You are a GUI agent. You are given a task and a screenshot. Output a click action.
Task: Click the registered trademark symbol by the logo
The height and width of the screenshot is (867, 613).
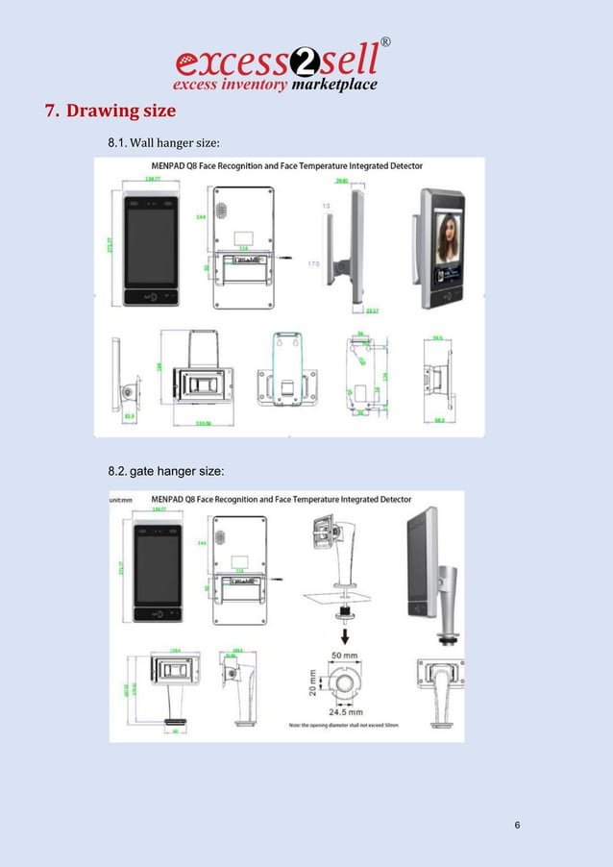[386, 42]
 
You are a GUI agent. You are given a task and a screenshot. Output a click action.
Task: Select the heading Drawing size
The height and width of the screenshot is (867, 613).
[110, 111]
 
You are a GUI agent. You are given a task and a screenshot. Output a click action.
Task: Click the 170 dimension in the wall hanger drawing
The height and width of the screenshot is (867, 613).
[314, 262]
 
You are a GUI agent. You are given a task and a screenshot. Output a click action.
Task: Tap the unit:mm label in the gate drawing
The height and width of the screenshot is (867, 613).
[120, 500]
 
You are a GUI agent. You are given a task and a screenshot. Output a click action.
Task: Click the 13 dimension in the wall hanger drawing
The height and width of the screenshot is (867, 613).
[326, 206]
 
